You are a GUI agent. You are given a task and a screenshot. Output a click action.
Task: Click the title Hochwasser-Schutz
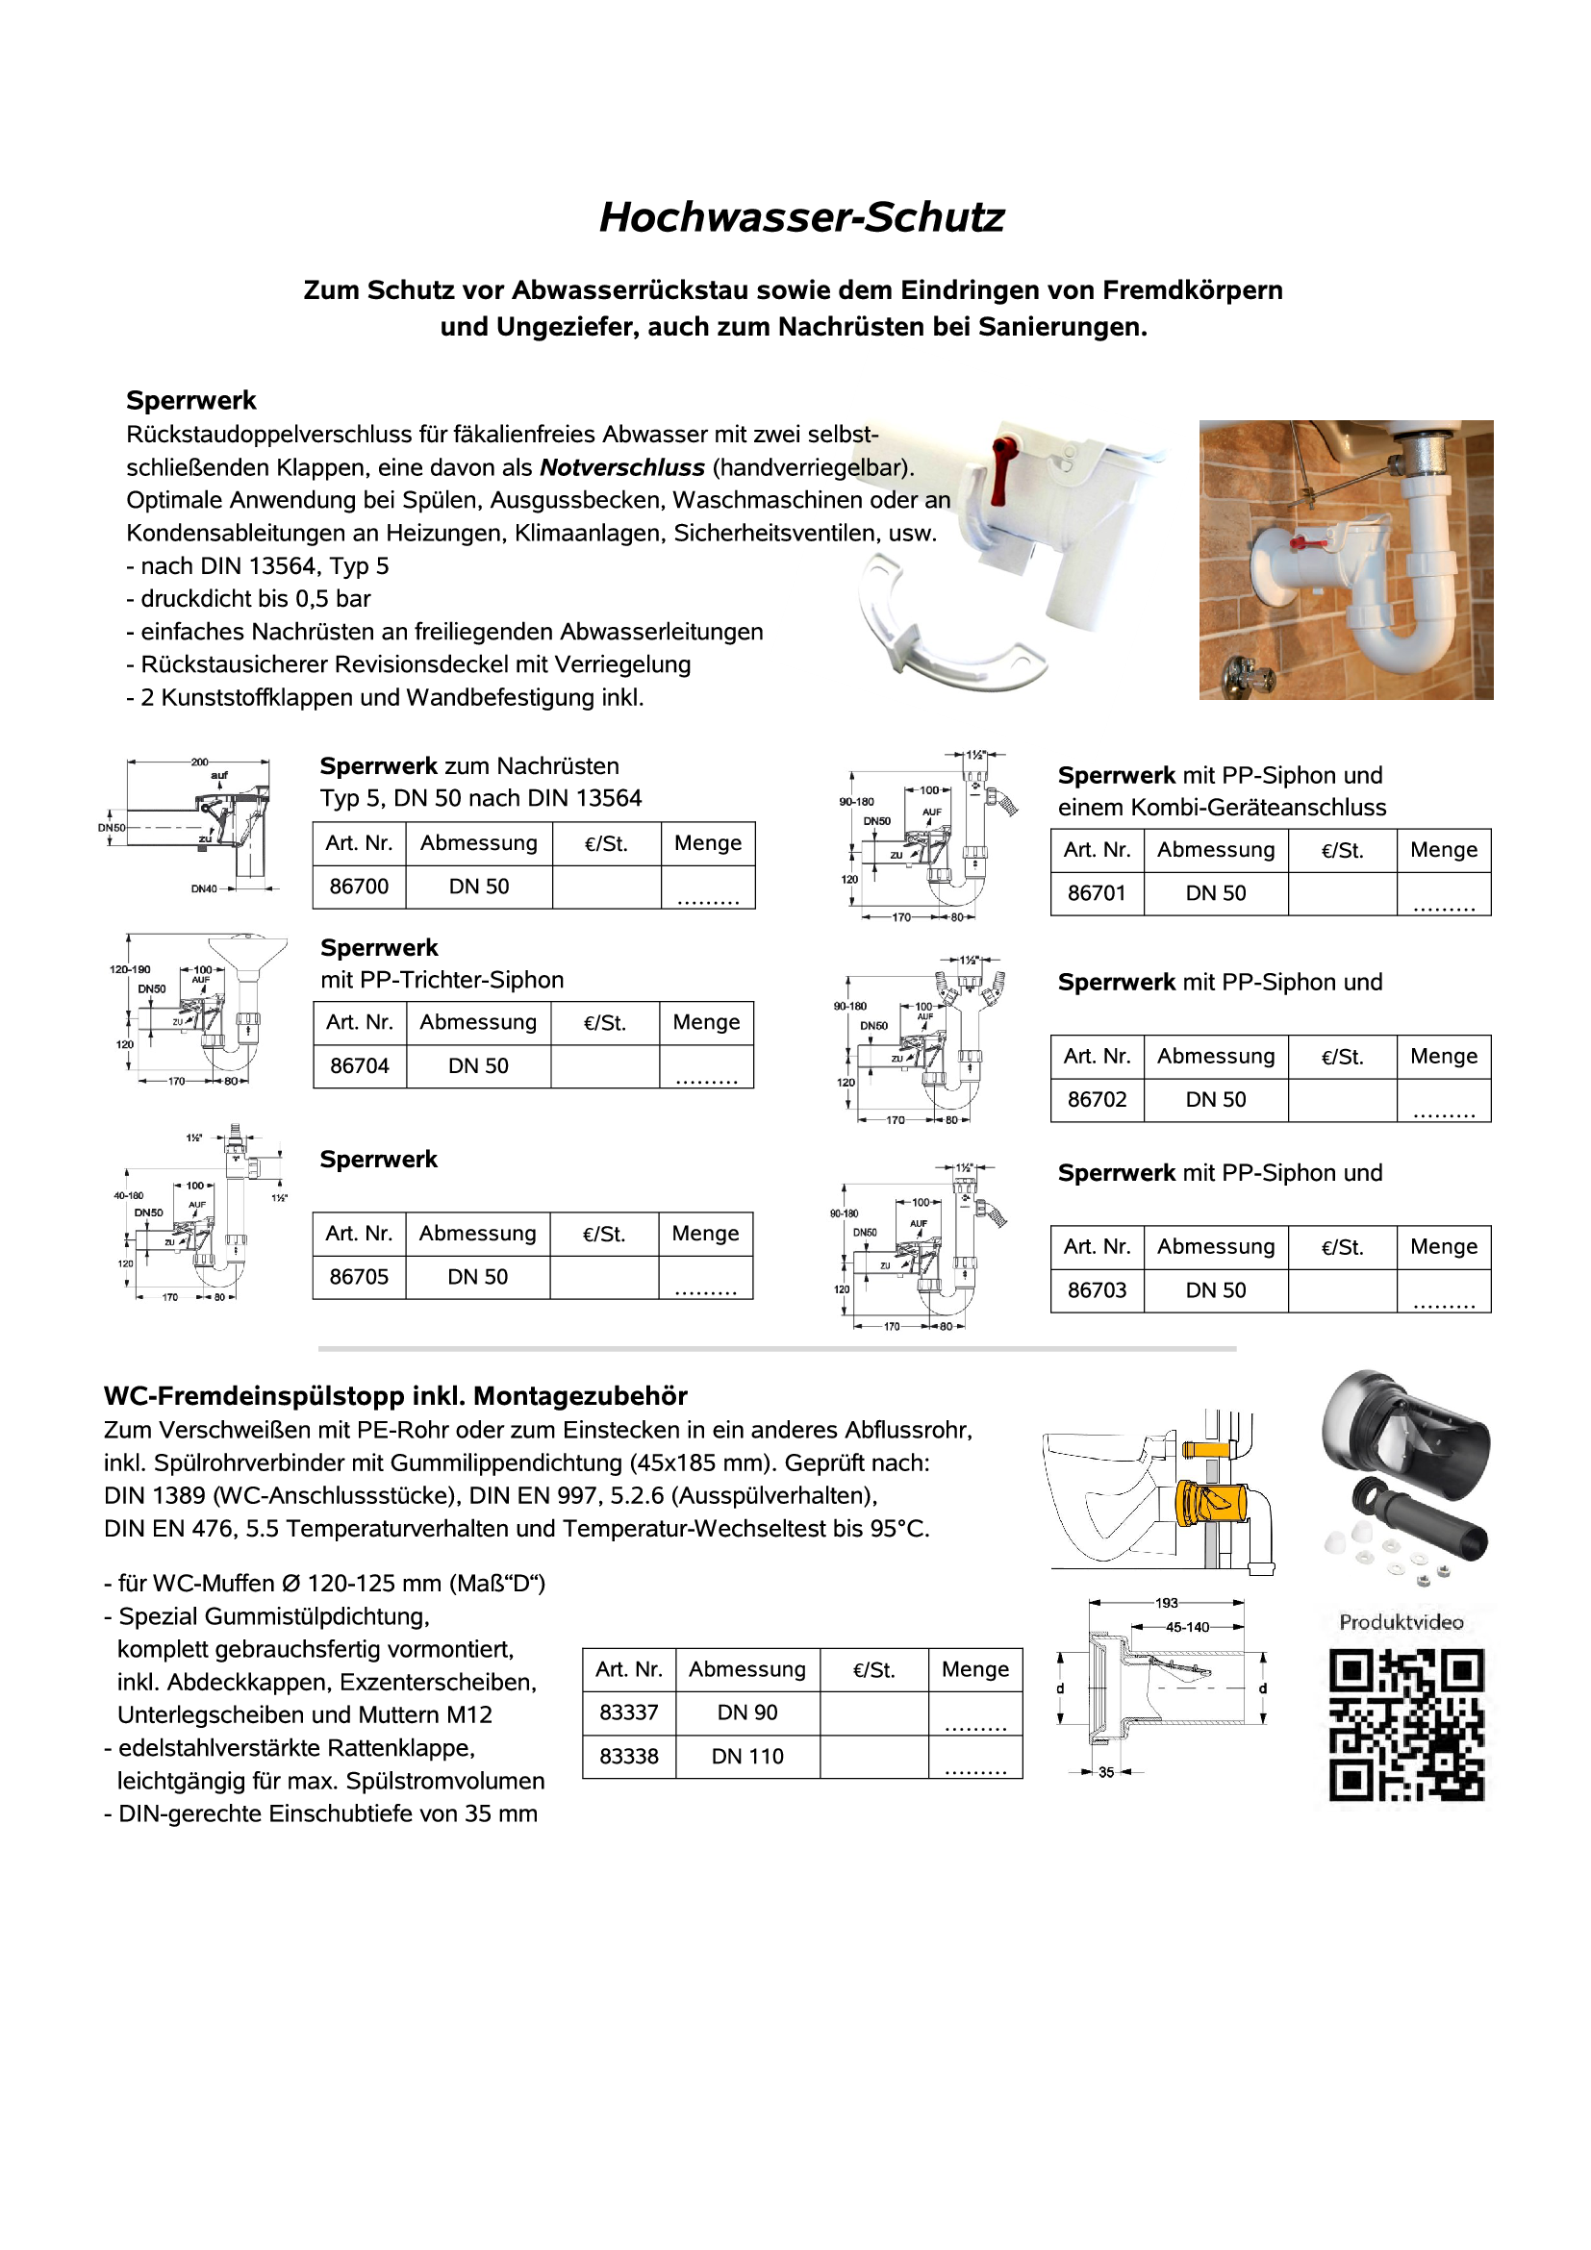[801, 217]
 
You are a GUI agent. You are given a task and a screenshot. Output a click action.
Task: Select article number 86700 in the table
[359, 886]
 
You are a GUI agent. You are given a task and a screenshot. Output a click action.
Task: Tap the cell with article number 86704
[359, 1065]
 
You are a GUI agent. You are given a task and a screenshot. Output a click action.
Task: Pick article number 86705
[359, 1277]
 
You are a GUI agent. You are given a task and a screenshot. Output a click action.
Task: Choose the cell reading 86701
[1096, 892]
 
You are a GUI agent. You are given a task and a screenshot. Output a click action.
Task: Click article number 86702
[1096, 1100]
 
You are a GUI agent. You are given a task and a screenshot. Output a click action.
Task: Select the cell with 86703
[1096, 1289]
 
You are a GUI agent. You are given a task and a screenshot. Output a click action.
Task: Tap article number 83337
[628, 1712]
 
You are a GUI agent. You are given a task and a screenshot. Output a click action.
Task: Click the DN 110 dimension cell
[747, 1756]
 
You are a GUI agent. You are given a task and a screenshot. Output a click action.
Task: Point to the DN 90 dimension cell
[747, 1712]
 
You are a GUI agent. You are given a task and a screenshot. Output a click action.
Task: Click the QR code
[1405, 1725]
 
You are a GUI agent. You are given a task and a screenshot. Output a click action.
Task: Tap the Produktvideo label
[1401, 1622]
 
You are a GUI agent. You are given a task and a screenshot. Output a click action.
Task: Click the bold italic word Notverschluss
[621, 467]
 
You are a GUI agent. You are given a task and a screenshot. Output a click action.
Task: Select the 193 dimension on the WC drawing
[1166, 1603]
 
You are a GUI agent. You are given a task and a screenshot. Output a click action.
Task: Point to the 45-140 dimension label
[1186, 1627]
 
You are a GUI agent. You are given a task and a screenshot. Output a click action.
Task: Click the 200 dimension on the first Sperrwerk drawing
[199, 762]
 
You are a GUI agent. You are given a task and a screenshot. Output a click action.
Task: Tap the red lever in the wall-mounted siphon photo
[1306, 542]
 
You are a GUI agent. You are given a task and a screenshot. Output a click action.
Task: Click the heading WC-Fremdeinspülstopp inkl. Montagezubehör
[395, 1395]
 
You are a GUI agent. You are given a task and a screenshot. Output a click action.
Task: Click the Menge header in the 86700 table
[707, 842]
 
